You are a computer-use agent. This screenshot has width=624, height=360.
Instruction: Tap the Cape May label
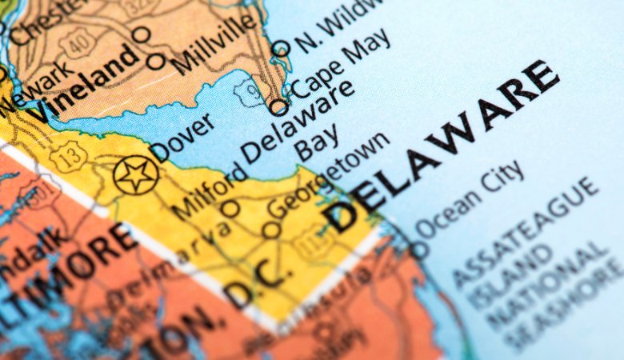[339, 65]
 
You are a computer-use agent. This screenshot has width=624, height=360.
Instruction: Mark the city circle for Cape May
[278, 106]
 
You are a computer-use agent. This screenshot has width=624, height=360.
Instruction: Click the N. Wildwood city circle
[280, 49]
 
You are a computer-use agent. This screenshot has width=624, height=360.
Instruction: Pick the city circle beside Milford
[230, 209]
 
